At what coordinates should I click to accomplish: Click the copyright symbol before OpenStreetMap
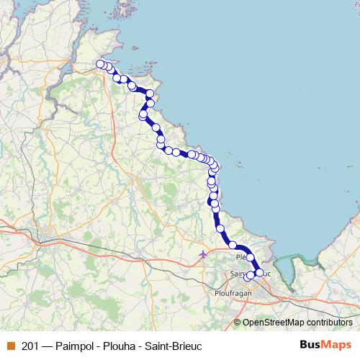click(238, 323)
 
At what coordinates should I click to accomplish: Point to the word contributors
click(328, 323)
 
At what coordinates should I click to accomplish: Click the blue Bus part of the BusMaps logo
click(310, 346)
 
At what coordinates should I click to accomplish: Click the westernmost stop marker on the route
click(100, 64)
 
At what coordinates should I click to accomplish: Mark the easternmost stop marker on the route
click(260, 272)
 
